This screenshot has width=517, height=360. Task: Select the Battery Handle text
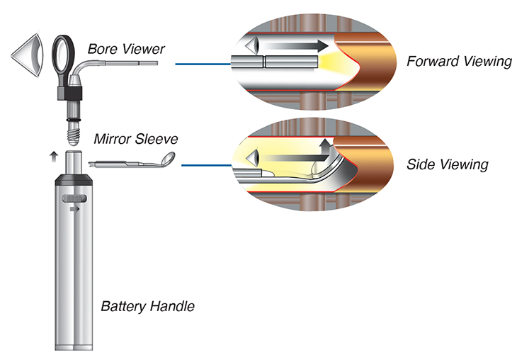147,307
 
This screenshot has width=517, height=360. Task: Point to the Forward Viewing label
459,62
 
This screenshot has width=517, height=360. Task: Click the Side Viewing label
448,165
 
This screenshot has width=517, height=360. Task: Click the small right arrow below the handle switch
74,210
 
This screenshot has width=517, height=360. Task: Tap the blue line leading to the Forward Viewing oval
202,65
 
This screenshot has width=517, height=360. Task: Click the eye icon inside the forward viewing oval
252,47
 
